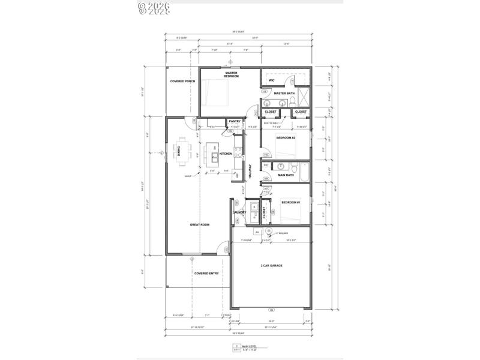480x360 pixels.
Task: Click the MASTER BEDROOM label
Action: [x=232, y=75]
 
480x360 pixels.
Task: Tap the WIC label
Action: [x=271, y=80]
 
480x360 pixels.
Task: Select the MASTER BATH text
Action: [x=283, y=94]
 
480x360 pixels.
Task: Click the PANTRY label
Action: [x=235, y=121]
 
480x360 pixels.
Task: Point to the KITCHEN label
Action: [x=226, y=154]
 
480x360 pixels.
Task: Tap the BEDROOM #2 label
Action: [x=285, y=137]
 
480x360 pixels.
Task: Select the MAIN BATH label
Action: [x=285, y=175]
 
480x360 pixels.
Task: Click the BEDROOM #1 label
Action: [x=290, y=203]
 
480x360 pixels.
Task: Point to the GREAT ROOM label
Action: [x=200, y=224]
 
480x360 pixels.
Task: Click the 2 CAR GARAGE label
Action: [x=271, y=265]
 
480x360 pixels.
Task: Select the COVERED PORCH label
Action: [x=182, y=81]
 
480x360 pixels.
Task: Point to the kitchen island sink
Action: [x=214, y=158]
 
